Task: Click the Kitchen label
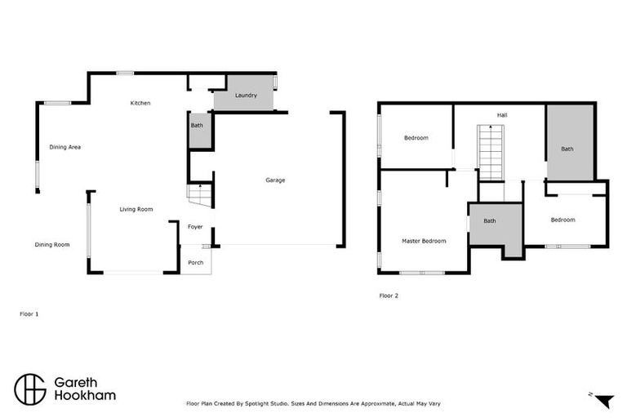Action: [x=140, y=103]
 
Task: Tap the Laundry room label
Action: [x=246, y=96]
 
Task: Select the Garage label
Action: [x=275, y=180]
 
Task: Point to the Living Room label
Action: [x=136, y=210]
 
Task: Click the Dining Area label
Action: [x=65, y=147]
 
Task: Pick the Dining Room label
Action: [x=52, y=244]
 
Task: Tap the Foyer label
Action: [x=195, y=227]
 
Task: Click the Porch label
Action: [x=196, y=262]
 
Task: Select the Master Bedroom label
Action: [x=424, y=241]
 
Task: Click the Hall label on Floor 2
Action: [x=502, y=115]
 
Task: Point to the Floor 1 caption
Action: [x=29, y=313]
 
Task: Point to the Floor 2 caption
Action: [x=389, y=296]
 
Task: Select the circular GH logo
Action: [x=29, y=389]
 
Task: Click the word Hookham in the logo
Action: [x=85, y=396]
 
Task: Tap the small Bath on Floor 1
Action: [x=197, y=126]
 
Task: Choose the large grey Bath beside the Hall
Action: [x=567, y=149]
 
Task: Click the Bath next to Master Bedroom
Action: [x=489, y=220]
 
